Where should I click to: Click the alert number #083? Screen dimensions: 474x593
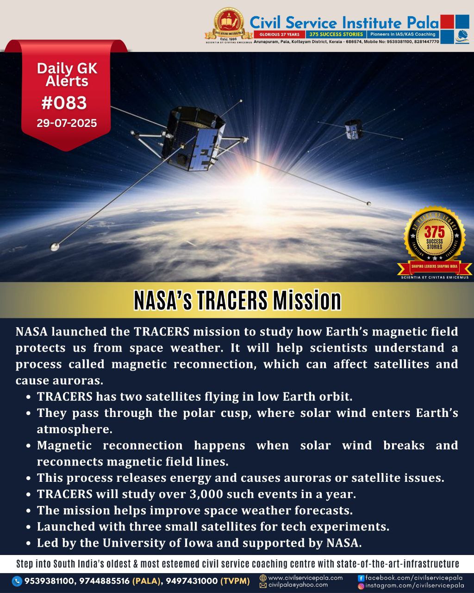(64, 103)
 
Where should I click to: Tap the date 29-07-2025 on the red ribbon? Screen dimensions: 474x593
(67, 123)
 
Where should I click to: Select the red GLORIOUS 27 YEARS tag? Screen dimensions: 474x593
(279, 34)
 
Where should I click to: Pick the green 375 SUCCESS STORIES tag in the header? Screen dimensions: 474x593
(336, 34)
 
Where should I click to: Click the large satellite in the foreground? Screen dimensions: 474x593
(194, 139)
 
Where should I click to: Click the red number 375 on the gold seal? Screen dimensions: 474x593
(434, 232)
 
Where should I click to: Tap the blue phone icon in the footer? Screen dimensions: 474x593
(17, 581)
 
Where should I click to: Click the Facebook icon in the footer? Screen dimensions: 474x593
(361, 578)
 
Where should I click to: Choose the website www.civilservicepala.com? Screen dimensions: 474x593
(306, 578)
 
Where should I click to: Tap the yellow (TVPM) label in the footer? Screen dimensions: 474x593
(235, 581)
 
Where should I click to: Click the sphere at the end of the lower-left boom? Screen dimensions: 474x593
(55, 247)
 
